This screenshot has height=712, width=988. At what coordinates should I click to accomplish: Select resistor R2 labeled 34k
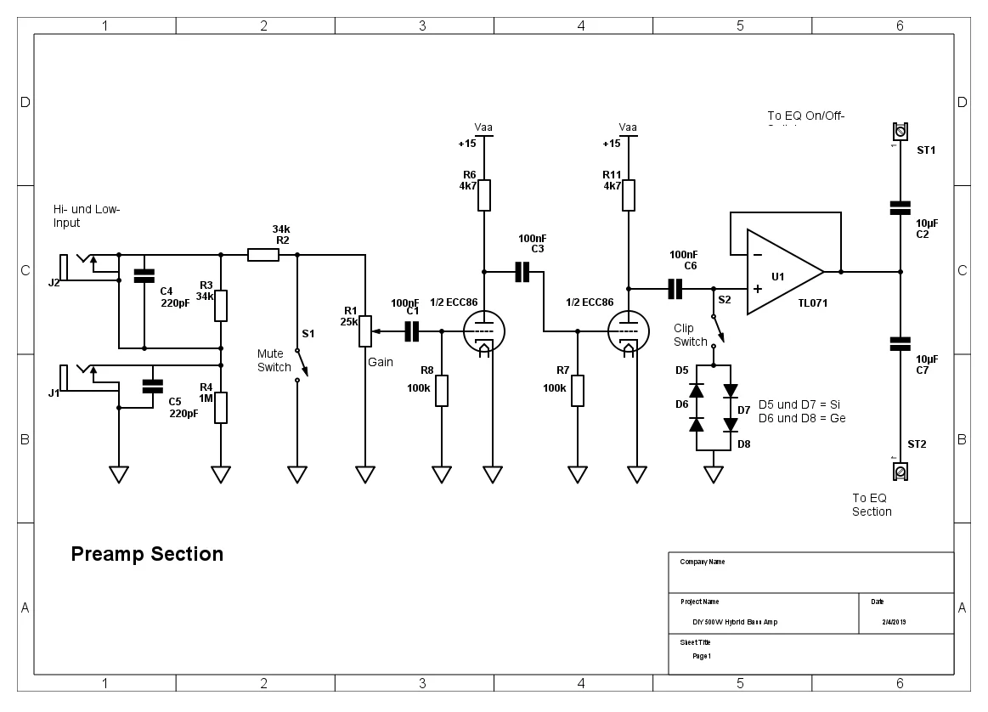[263, 254]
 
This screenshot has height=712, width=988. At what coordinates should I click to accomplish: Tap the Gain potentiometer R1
[364, 331]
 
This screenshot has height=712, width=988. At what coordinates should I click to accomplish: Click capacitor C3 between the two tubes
[522, 272]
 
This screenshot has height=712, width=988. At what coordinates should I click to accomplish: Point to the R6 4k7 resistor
[483, 195]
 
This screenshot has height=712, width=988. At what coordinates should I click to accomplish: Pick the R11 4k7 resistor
[628, 195]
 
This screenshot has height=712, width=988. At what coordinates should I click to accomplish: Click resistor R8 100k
[441, 390]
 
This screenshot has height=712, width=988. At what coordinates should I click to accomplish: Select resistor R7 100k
[577, 390]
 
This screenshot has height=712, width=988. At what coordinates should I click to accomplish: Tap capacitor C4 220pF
[144, 276]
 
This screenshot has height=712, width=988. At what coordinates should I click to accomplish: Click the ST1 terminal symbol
[900, 132]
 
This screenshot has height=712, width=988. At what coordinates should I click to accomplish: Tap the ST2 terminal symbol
[900, 470]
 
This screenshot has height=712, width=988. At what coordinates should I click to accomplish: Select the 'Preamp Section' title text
[147, 554]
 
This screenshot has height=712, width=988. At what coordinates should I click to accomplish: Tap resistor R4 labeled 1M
[221, 407]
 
